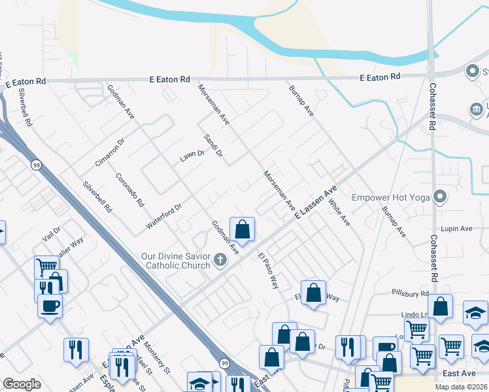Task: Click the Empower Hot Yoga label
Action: (392, 197)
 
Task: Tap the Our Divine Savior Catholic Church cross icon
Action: (220, 261)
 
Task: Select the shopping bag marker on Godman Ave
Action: (242, 229)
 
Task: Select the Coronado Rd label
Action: (129, 189)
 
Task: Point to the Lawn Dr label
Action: (192, 156)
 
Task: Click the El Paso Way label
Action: (268, 271)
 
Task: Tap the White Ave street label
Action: (339, 212)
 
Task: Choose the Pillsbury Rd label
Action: (411, 295)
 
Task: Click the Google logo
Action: (22, 384)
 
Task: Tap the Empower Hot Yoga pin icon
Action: (441, 197)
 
